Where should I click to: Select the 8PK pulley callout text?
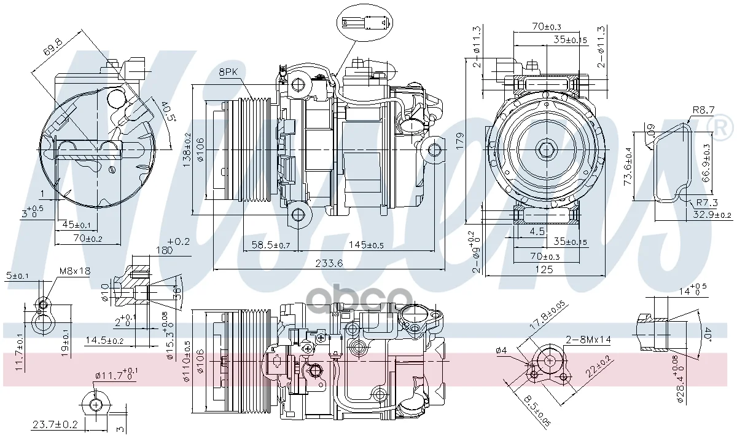click(x=228, y=72)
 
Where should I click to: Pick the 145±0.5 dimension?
click(x=367, y=245)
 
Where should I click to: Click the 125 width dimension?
click(x=544, y=269)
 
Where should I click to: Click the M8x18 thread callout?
click(x=74, y=271)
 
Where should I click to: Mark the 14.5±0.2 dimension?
click(x=104, y=340)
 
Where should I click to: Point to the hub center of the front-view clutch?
click(x=545, y=148)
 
